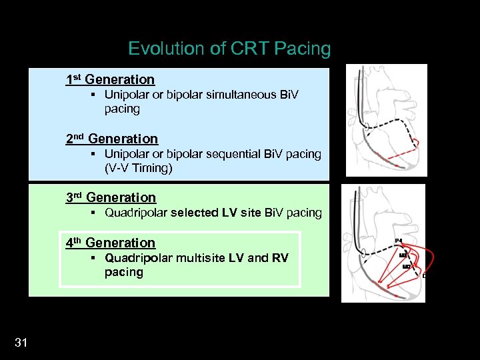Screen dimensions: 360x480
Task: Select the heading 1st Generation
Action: coord(110,79)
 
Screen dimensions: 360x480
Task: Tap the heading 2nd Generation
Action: coord(111,139)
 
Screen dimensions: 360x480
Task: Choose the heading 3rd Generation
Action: coord(111,197)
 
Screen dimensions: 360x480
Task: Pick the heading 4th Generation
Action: coord(110,243)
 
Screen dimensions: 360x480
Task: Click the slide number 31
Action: coord(21,343)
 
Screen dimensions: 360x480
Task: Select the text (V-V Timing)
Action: coord(138,168)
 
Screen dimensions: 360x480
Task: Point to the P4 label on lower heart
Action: coord(398,240)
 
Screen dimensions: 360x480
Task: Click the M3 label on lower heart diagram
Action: coord(402,255)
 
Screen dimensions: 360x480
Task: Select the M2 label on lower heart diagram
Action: coord(406,267)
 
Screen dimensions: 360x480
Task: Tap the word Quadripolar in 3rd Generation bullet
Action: coord(136,213)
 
